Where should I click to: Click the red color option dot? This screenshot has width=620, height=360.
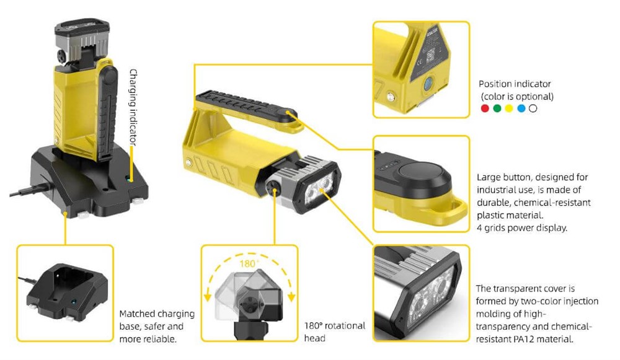point(485,108)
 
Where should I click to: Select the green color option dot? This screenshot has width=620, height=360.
point(497,108)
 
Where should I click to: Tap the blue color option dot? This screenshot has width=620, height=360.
point(521,108)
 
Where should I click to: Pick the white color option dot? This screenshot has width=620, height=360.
point(533,108)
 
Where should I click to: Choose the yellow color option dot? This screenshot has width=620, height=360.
point(509,108)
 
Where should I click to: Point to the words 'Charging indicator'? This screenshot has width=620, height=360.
point(134,107)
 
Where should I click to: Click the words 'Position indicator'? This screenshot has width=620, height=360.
point(515,84)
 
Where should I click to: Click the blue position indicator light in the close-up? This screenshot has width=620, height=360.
point(428,84)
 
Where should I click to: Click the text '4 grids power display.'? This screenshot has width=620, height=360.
point(521,228)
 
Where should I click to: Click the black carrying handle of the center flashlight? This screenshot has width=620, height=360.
point(245,105)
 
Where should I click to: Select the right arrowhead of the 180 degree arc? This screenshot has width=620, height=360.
point(291,297)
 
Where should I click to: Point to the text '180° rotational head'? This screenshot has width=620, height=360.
point(335,332)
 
